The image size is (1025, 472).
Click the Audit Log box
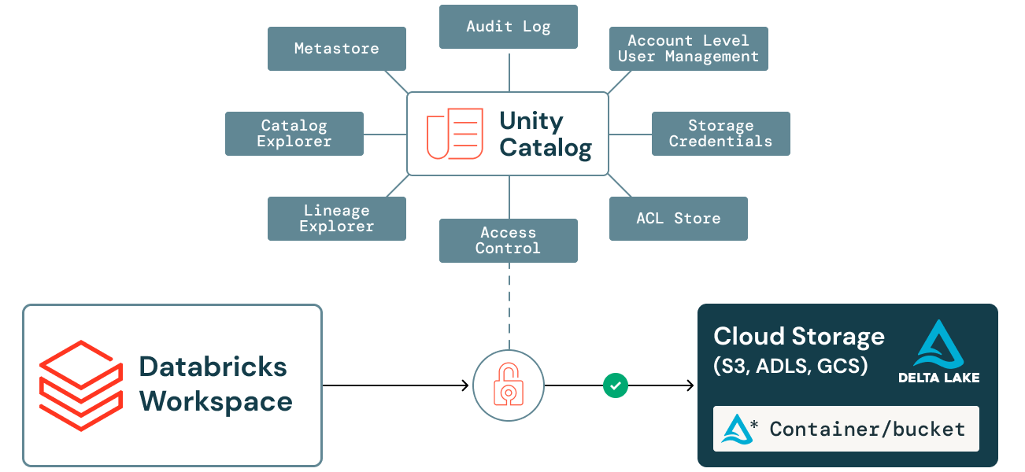pos(508,27)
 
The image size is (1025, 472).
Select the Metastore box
pos(337,49)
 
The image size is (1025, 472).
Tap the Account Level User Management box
pos(688,49)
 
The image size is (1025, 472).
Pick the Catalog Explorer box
pos(294,134)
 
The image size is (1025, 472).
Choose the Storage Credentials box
pos(720,134)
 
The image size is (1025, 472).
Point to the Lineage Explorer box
pos(337,219)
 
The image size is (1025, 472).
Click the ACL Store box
pos(678,219)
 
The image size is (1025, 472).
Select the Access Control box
pos(508,241)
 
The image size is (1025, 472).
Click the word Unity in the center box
pos(531,121)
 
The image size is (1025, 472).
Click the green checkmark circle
pos(615,385)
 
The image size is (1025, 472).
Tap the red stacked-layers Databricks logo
pos(81,385)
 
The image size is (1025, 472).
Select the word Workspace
pos(216,401)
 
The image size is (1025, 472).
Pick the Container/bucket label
pos(867,429)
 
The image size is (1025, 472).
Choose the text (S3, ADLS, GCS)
pos(790,366)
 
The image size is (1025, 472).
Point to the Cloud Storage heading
pos(799,336)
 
